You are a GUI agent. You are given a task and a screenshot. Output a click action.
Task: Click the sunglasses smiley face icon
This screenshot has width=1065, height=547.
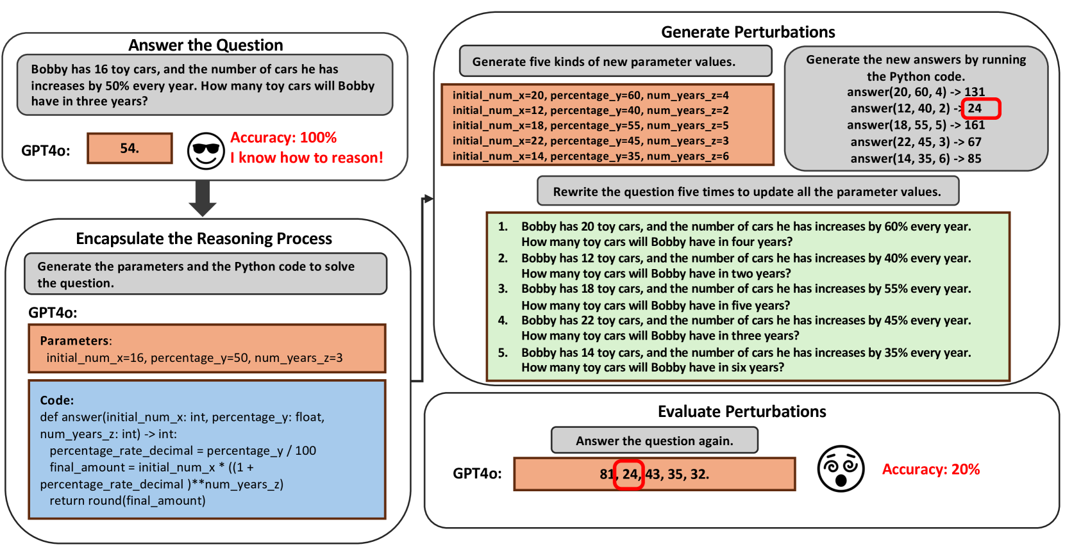click(x=206, y=151)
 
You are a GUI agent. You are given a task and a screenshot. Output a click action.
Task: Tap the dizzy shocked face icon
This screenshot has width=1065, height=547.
click(x=841, y=469)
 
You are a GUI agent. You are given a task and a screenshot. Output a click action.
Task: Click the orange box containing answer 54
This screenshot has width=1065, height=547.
click(x=130, y=149)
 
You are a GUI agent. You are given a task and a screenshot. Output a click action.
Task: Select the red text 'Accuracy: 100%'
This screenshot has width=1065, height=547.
click(x=283, y=138)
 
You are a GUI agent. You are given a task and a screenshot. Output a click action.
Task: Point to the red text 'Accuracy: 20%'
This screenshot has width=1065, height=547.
click(x=930, y=469)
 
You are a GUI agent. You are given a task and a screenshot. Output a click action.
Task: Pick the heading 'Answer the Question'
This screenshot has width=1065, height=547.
click(x=205, y=45)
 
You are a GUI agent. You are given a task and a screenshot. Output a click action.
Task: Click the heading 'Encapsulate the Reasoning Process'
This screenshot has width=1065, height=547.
click(x=204, y=239)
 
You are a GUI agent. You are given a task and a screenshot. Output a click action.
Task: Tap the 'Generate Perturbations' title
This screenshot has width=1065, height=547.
click(x=748, y=32)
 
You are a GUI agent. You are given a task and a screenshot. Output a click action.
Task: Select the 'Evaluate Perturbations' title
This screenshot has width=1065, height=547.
click(x=741, y=411)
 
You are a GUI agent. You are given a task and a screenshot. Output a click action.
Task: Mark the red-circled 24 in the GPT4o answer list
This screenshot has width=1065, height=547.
click(x=629, y=475)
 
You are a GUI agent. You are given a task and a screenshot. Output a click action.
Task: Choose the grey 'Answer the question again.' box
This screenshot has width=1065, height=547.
click(x=654, y=441)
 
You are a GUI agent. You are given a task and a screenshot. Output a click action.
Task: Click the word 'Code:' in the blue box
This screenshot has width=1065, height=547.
click(x=56, y=400)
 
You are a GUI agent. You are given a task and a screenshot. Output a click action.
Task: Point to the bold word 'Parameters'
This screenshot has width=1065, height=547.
click(x=74, y=341)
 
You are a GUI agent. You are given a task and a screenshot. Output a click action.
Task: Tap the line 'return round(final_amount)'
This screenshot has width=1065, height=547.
click(x=128, y=501)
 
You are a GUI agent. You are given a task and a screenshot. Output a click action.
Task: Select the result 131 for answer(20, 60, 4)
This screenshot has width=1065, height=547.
click(x=974, y=92)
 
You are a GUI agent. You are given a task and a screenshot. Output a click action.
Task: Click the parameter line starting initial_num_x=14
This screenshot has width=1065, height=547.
click(x=590, y=156)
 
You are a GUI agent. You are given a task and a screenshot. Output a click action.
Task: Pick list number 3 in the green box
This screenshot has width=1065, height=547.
click(x=503, y=289)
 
